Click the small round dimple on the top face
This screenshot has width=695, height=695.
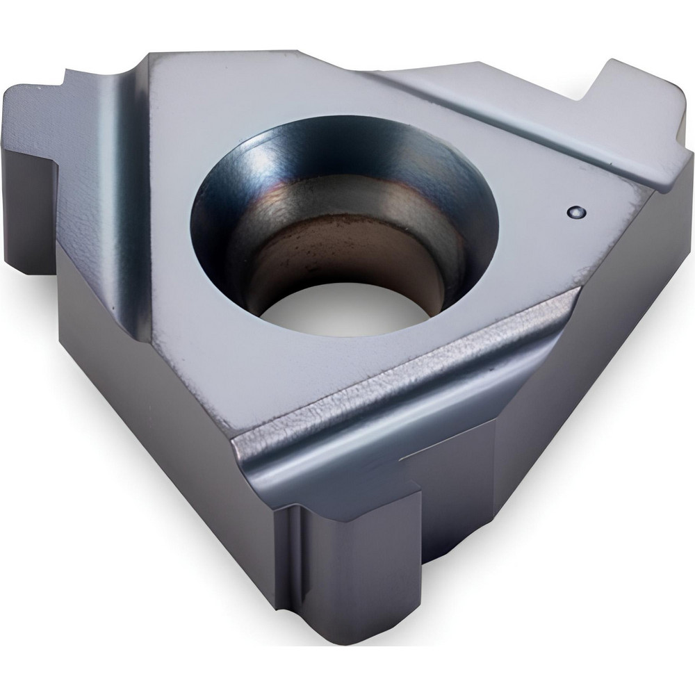point(575,211)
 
